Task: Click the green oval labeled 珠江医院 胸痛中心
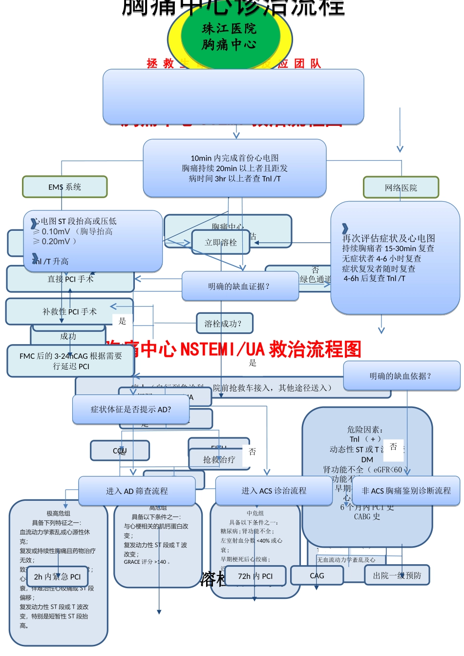[x=230, y=37]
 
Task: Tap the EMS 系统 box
[x=64, y=187]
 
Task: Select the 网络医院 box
[x=401, y=188]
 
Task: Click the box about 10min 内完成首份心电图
[x=234, y=168]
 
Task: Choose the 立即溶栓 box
[x=220, y=243]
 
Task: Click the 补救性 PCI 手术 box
[x=69, y=311]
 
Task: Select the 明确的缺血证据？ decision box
[x=240, y=287]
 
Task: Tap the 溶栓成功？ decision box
[x=223, y=323]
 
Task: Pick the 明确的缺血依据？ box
[x=401, y=376]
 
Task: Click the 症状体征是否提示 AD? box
[x=131, y=410]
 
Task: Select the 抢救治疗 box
[x=219, y=459]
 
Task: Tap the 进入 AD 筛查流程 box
[x=137, y=491]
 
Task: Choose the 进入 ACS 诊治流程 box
[x=274, y=491]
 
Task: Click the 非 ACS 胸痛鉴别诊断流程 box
[x=406, y=491]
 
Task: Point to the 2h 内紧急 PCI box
[x=57, y=577]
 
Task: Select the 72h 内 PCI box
[x=255, y=576]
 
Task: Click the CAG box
[x=316, y=576]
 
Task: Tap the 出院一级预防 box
[x=397, y=576]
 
